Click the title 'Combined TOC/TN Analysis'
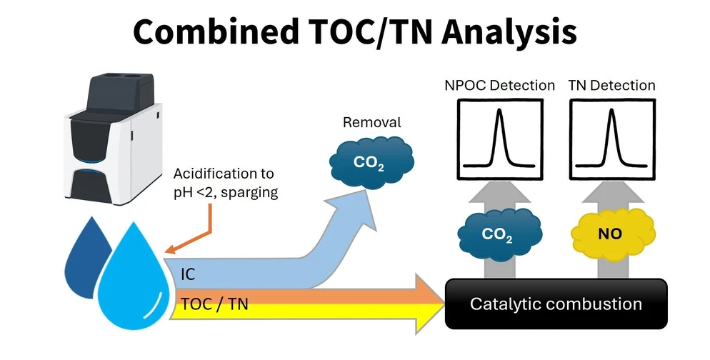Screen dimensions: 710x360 [x=354, y=31]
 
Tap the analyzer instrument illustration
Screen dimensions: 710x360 [x=113, y=139]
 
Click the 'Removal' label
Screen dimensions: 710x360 [x=371, y=122]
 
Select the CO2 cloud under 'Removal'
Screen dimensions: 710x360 [x=371, y=162]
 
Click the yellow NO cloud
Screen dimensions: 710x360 [x=613, y=234]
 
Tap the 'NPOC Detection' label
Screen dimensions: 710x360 [x=499, y=85]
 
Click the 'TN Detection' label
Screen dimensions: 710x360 [x=611, y=85]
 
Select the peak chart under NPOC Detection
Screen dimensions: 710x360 [x=499, y=139]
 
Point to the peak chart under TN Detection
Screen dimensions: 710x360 [x=612, y=139]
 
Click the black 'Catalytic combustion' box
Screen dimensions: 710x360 [x=556, y=304]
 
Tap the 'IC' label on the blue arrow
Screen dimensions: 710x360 [x=188, y=274]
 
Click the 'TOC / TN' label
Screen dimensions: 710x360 [x=214, y=304]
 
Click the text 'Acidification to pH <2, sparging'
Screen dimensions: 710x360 [x=226, y=183]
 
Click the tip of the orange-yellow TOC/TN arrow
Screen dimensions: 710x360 [x=444, y=304]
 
